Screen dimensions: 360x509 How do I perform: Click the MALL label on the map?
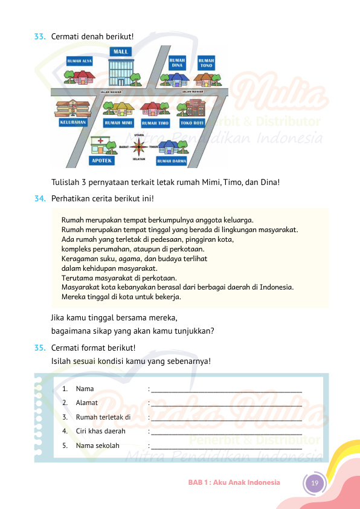(121, 51)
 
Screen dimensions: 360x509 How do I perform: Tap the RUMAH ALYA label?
(80, 61)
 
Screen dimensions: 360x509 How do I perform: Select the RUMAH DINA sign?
(177, 63)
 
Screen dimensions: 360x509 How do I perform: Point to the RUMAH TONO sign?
(206, 63)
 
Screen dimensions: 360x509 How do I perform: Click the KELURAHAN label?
(73, 122)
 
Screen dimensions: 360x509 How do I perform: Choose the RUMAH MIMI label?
(118, 123)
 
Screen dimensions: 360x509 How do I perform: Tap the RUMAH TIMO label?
(155, 123)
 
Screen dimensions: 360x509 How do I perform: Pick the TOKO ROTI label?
(192, 123)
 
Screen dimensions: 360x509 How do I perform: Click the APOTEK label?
(101, 161)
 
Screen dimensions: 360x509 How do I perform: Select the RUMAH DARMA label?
(172, 161)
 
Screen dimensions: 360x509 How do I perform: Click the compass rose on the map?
(139, 147)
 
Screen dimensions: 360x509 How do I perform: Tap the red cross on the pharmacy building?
(100, 141)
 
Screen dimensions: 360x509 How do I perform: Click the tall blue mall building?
(121, 72)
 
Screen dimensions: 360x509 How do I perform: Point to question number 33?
(40, 36)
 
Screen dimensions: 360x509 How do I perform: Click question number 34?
(40, 198)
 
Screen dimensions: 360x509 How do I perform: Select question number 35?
(40, 348)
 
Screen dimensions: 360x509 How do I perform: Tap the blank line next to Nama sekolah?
(227, 449)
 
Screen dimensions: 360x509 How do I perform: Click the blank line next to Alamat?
(227, 406)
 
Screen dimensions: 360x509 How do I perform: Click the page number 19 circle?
(315, 483)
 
